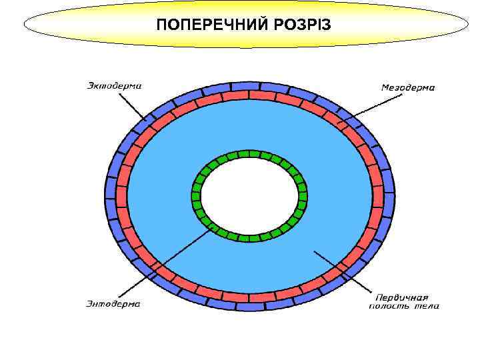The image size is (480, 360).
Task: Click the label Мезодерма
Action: pyautogui.click(x=407, y=87)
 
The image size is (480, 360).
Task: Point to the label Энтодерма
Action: pyautogui.click(x=113, y=304)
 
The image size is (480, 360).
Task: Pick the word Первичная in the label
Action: pyautogui.click(x=401, y=297)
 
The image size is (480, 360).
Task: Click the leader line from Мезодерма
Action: pyautogui.click(x=370, y=107)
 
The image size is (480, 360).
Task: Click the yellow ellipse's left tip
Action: pyautogui.click(x=25, y=25)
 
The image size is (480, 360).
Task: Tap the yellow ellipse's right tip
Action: pyautogui.click(x=469, y=25)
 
